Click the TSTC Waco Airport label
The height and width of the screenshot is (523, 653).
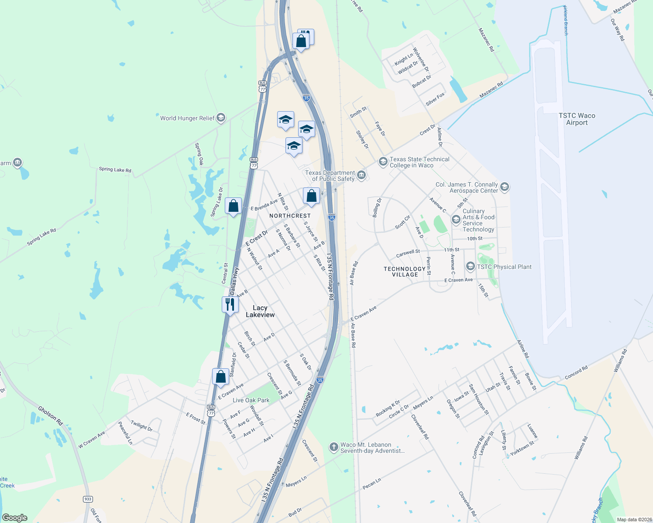577,119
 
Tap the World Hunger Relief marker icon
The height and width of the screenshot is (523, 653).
221,118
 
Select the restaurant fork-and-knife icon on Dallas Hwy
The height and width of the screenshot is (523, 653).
230,304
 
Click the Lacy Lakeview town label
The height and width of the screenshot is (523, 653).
260,311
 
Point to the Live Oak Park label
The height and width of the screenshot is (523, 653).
251,400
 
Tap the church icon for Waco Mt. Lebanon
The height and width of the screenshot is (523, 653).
333,447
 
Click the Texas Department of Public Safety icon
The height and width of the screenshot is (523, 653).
361,175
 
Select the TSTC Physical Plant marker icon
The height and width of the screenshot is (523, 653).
470,266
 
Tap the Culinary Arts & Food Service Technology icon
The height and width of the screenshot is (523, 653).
456,219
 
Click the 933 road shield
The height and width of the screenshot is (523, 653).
88,499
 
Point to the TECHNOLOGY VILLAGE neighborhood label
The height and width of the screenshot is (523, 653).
405,272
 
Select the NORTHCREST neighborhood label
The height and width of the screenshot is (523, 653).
290,216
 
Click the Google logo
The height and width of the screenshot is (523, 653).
15,517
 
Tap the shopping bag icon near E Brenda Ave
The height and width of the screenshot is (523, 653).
233,205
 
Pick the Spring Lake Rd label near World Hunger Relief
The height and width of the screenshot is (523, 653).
115,169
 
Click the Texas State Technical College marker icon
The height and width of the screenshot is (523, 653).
383,162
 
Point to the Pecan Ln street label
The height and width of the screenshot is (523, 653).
371,483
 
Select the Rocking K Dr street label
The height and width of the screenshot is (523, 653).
388,408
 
